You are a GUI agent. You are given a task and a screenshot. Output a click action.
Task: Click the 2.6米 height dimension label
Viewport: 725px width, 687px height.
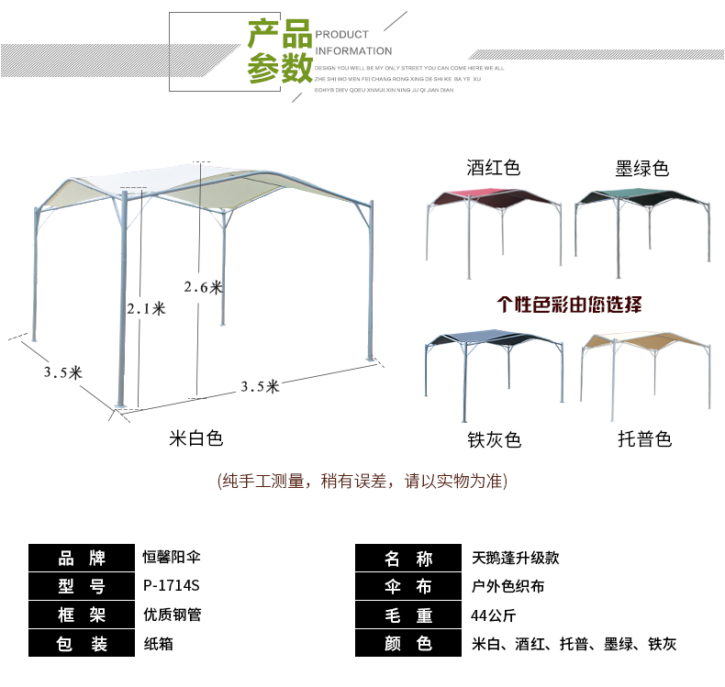pyautogui.click(x=203, y=287)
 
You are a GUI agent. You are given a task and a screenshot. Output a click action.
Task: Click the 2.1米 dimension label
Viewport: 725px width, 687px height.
pyautogui.click(x=146, y=309)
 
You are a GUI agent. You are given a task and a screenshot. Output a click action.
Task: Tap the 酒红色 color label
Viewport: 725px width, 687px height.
pyautogui.click(x=494, y=168)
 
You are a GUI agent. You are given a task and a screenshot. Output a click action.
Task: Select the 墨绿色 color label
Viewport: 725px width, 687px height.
pyautogui.click(x=641, y=168)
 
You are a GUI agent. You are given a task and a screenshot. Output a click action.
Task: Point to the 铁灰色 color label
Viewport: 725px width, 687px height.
pyautogui.click(x=494, y=440)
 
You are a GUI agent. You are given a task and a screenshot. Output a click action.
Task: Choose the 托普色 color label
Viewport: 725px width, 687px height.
pyautogui.click(x=644, y=440)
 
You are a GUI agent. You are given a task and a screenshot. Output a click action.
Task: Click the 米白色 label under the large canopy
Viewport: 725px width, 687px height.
pyautogui.click(x=196, y=438)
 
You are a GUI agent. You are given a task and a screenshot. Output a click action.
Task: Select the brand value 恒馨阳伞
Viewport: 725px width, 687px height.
pyautogui.click(x=172, y=558)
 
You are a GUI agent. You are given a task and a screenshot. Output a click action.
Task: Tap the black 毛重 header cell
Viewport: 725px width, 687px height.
pyautogui.click(x=408, y=615)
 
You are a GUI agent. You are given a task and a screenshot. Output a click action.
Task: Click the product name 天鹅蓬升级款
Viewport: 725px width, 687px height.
pyautogui.click(x=515, y=558)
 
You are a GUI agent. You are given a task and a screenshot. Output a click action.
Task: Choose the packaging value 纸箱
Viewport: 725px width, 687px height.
pyautogui.click(x=159, y=644)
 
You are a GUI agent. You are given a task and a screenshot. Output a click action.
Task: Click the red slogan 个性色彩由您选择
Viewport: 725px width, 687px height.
pyautogui.click(x=569, y=305)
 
